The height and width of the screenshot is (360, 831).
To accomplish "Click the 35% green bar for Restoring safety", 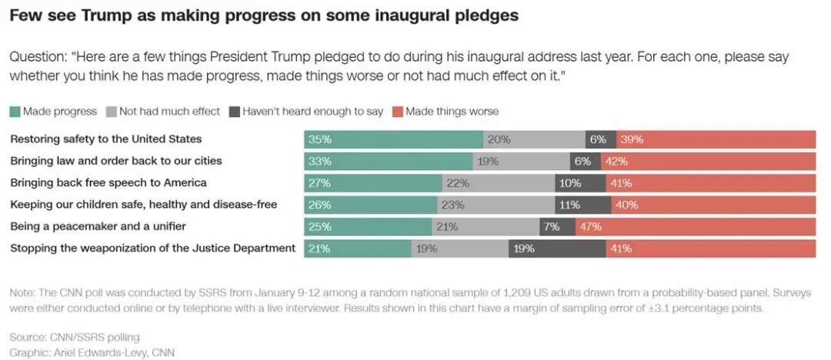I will coord(393,139).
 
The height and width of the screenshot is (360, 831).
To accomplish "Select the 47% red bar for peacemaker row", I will coord(696,227).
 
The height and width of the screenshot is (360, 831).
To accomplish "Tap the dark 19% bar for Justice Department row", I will coord(556,248).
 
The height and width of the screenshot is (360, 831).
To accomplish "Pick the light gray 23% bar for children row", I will coord(496,205).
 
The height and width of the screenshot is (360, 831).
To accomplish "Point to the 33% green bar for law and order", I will coord(388,162).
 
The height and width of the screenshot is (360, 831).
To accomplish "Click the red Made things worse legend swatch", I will coord(398,112).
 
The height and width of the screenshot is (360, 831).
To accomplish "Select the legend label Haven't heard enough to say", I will coord(312,112).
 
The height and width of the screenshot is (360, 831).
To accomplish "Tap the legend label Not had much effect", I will coord(169,112).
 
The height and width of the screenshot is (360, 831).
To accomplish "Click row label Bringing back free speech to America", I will coord(108,183).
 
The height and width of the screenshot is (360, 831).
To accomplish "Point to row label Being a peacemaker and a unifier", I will coord(98,226).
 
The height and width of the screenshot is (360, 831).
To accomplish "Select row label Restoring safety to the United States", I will coord(105,139).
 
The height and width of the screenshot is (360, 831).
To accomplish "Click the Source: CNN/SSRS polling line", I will coord(75,338).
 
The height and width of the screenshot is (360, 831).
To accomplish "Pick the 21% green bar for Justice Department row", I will coord(358,248).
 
